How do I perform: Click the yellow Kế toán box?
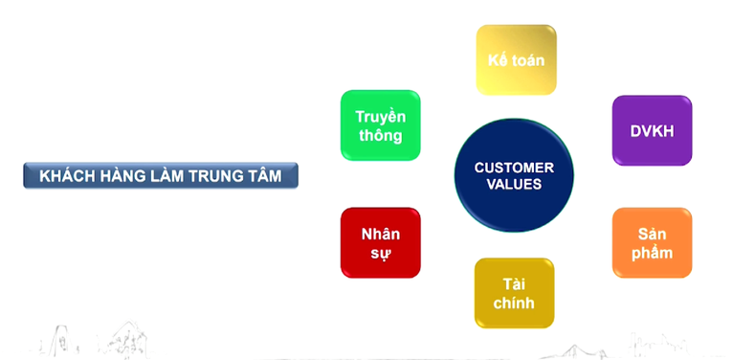coord(516,59)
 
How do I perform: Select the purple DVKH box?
coord(652,130)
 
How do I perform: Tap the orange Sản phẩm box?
coord(652,243)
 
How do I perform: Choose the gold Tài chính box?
coord(514,293)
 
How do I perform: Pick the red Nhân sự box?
coord(380,243)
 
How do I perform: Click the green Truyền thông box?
coord(380,125)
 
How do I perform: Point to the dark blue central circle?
coord(514,176)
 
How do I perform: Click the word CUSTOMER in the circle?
coord(514,168)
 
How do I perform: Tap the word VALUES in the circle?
coord(514,185)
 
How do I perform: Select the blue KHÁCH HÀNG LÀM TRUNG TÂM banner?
coord(160,175)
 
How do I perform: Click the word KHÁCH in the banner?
coord(65,175)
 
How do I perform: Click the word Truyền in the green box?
coord(380,116)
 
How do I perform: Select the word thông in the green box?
coord(380,135)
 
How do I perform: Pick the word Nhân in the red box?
coord(380,234)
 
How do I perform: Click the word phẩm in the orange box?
coord(652,253)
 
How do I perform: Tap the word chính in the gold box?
coord(514,304)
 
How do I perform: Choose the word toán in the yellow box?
coord(528,59)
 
